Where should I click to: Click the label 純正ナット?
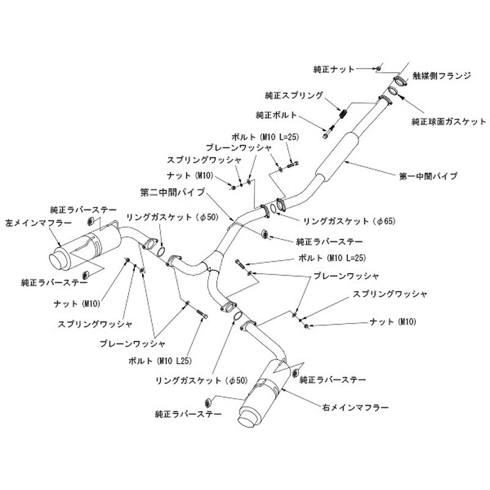click(334, 69)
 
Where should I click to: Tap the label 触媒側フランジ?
click(442, 75)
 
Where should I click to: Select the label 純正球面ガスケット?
click(449, 121)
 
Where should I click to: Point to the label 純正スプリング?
click(294, 96)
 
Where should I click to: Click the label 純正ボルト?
click(276, 115)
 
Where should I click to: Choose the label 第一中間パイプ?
click(428, 176)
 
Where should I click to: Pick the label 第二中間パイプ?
click(173, 192)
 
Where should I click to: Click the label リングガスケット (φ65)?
click(349, 221)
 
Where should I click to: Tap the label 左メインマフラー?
click(39, 223)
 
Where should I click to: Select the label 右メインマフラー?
click(355, 407)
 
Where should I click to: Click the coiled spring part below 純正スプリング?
click(344, 112)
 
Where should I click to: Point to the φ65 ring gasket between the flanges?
click(273, 208)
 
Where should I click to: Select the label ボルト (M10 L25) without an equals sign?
click(160, 361)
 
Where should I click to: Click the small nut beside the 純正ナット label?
click(379, 69)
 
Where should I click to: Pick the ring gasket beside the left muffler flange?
click(161, 251)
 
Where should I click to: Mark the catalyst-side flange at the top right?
click(400, 81)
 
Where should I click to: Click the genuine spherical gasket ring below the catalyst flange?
click(393, 91)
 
